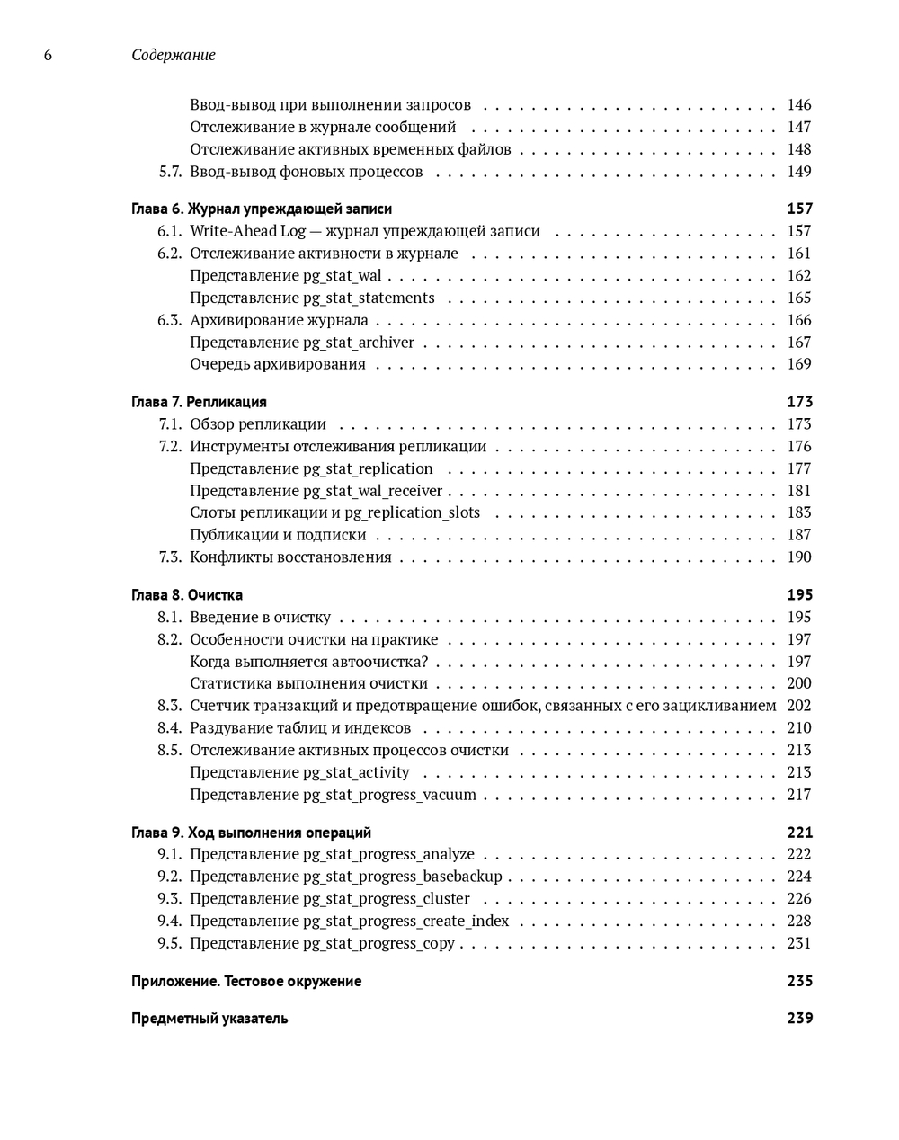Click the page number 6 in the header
[x=48, y=56]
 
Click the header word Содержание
[x=174, y=56]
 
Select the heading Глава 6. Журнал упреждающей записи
[x=262, y=209]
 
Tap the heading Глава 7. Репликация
[x=199, y=402]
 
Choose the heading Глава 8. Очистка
[x=187, y=595]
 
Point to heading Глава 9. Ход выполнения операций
[x=251, y=833]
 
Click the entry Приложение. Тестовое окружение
[x=246, y=982]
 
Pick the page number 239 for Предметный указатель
[x=799, y=1019]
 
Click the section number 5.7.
[x=170, y=172]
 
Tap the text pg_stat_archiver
[x=359, y=343]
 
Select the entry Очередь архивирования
[x=278, y=364]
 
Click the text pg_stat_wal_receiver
[x=373, y=491]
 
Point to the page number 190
[x=798, y=557]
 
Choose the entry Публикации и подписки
[x=278, y=535]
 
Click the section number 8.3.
[x=169, y=706]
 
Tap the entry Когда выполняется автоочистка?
[x=308, y=662]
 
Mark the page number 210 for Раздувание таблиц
[x=798, y=728]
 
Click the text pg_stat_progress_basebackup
[x=403, y=877]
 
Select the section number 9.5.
[x=169, y=943]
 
